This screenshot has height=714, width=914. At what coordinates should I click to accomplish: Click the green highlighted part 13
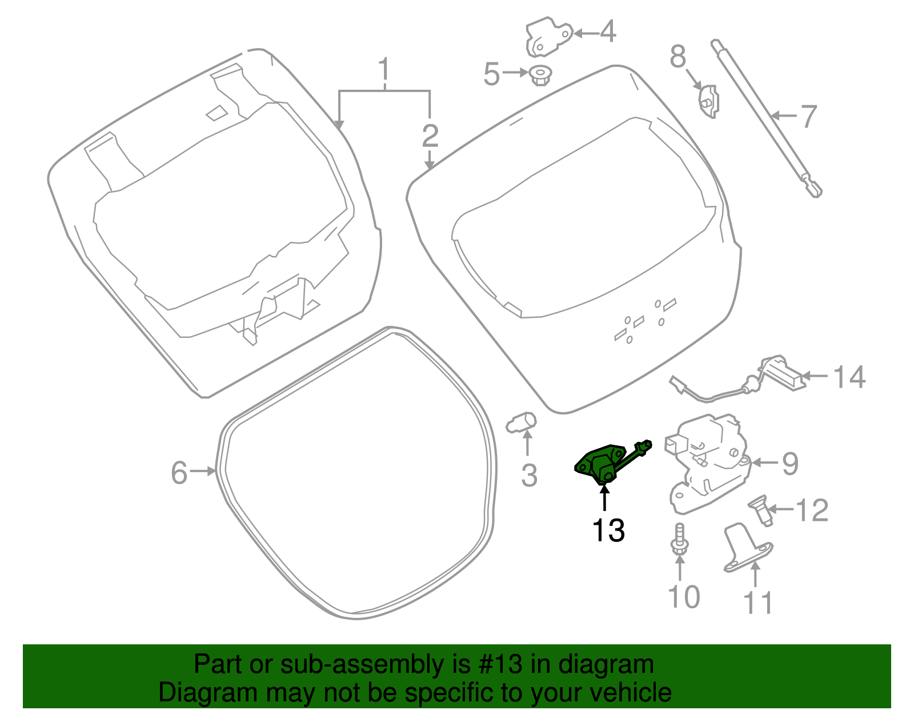600,464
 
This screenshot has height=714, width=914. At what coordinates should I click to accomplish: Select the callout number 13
608,530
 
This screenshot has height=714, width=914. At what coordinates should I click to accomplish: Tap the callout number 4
608,32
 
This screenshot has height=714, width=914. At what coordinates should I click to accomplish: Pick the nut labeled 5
539,75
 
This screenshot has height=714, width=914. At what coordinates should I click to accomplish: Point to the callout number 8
678,57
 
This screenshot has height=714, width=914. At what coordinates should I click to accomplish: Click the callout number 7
808,117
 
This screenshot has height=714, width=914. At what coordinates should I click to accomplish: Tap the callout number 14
849,377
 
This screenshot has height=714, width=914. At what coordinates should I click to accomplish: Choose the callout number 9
790,463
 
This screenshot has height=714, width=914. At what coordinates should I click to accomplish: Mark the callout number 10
683,597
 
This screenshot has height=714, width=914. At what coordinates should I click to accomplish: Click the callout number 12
812,510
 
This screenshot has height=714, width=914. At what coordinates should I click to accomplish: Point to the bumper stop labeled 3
522,423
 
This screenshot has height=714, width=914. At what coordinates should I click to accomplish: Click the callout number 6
179,473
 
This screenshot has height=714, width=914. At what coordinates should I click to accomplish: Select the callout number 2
430,135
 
